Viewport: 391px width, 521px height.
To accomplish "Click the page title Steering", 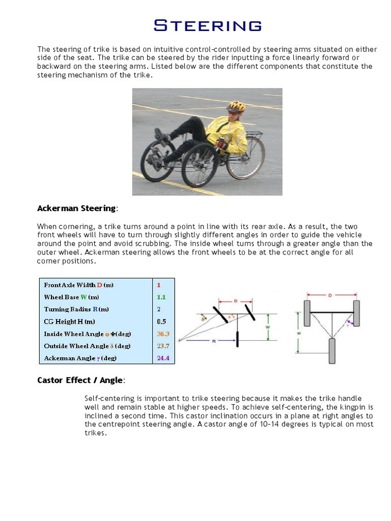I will click(208, 25).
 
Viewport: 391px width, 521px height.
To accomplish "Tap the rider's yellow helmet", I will click(236, 106).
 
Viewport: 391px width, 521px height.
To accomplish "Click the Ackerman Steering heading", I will click(77, 208).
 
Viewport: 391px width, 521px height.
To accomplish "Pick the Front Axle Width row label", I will click(79, 285).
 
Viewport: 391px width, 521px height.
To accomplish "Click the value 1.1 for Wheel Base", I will click(161, 297).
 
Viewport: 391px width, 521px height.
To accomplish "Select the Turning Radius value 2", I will click(159, 309).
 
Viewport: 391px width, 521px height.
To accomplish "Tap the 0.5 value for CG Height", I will click(161, 322).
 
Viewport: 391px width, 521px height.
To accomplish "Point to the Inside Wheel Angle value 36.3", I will click(163, 334).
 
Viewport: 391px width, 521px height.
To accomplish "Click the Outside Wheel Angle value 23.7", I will click(163, 346).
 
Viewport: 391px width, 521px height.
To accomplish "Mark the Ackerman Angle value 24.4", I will click(163, 358).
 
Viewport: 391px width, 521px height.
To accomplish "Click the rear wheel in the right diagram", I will click(332, 351).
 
